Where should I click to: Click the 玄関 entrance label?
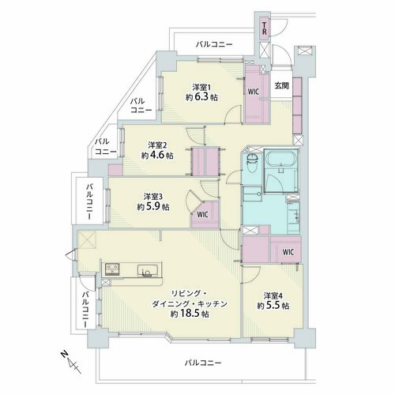282,85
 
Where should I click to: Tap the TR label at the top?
265,28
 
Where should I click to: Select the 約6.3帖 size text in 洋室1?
201,97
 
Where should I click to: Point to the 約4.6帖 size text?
157,156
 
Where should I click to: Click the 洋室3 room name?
153,196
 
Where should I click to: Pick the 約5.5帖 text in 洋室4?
273,306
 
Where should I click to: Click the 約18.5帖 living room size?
190,314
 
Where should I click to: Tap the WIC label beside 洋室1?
254,92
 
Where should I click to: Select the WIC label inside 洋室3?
203,215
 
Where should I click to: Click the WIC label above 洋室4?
288,252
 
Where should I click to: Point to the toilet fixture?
252,163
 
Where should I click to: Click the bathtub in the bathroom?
281,159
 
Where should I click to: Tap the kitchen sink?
148,270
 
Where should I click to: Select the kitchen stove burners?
112,269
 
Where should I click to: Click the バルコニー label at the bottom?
202,363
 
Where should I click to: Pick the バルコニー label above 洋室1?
214,44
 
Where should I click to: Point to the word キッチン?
213,304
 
